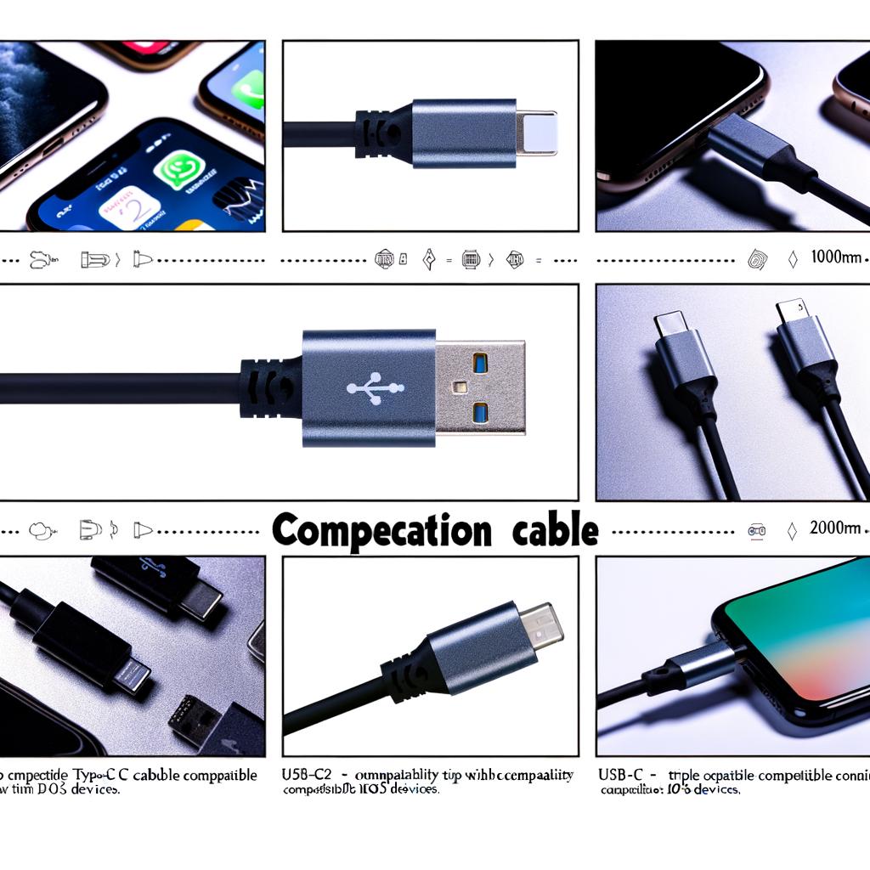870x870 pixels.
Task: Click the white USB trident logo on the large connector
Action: [375, 387]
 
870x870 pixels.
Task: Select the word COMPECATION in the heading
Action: [381, 530]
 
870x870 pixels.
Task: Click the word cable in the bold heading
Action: [556, 530]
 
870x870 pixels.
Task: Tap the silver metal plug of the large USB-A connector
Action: [480, 387]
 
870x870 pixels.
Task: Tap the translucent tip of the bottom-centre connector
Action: [543, 627]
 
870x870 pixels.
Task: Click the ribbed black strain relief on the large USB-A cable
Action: [270, 387]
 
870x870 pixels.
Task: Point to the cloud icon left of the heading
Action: [40, 530]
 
